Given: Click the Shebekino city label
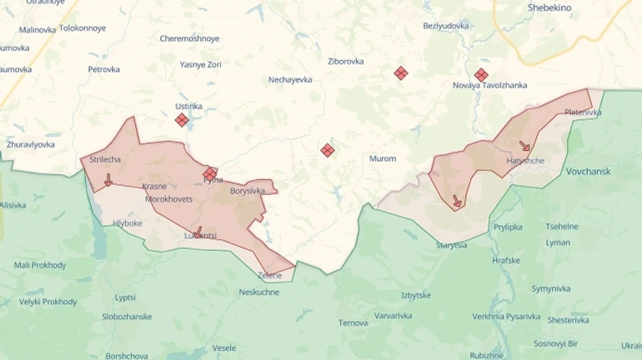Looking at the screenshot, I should pyautogui.click(x=549, y=7).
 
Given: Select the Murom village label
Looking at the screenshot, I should pyautogui.click(x=383, y=158).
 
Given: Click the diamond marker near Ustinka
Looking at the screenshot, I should pyautogui.click(x=182, y=120).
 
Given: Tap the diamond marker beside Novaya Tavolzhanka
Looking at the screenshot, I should pyautogui.click(x=481, y=75).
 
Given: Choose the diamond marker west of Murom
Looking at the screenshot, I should pyautogui.click(x=328, y=150).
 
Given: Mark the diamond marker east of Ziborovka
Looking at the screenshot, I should pyautogui.click(x=401, y=73).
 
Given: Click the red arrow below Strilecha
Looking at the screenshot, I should pyautogui.click(x=108, y=180).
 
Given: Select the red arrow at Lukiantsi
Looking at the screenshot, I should pyautogui.click(x=198, y=232).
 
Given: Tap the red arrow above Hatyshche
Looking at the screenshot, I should pyautogui.click(x=524, y=146).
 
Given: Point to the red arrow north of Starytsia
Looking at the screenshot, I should pyautogui.click(x=457, y=201).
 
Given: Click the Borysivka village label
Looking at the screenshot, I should pyautogui.click(x=247, y=191).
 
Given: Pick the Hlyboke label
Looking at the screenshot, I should pyautogui.click(x=128, y=223).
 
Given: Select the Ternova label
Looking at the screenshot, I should pyautogui.click(x=353, y=322).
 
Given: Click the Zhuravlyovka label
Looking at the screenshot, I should pyautogui.click(x=31, y=144).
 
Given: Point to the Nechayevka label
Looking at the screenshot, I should pyautogui.click(x=290, y=79).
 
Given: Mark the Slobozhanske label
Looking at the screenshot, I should pyautogui.click(x=127, y=317).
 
